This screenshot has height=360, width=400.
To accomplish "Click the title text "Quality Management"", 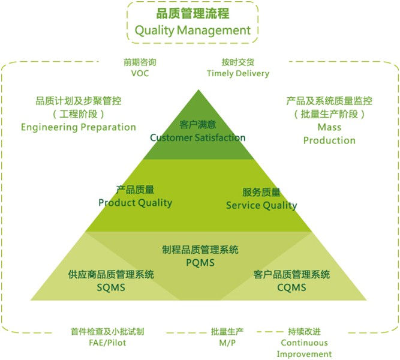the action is click(x=193, y=31).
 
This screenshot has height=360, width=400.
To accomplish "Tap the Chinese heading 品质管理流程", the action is click(x=193, y=14).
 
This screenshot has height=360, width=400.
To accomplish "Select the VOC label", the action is click(x=140, y=74).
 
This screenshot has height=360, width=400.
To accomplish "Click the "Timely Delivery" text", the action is click(x=238, y=74).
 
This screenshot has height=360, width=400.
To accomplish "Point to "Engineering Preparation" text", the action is click(x=79, y=127).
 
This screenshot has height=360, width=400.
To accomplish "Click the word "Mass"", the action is click(x=329, y=127).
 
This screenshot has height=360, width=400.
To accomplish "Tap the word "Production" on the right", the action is click(x=329, y=140).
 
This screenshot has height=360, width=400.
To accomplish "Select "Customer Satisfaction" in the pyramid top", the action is click(x=198, y=137).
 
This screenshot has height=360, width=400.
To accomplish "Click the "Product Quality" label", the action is click(x=135, y=203).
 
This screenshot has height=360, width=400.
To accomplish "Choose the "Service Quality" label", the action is click(x=261, y=206).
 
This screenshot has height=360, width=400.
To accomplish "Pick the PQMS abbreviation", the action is click(x=200, y=263).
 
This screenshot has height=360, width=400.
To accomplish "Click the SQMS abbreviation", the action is click(x=111, y=288).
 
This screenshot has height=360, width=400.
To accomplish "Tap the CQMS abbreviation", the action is click(x=291, y=288).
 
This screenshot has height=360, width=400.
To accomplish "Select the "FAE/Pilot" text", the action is click(x=107, y=343).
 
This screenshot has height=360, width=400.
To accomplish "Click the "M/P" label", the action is click(x=227, y=343).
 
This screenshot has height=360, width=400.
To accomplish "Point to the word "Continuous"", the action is click(x=304, y=343).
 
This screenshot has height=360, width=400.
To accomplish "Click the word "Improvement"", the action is click(x=304, y=355).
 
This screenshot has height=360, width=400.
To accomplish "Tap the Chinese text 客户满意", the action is click(x=198, y=125).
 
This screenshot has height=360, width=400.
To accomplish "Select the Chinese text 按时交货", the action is click(x=238, y=62).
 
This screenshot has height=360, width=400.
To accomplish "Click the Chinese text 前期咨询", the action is click(x=140, y=62).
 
